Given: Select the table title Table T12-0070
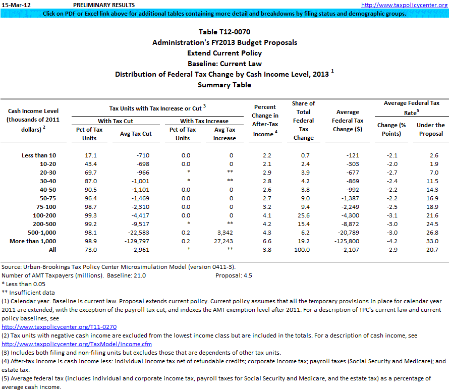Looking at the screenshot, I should pos(224,33).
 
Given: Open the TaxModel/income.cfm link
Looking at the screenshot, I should pos(77,344).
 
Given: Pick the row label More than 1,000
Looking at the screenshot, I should pos(33,241).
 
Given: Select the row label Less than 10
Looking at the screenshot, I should pos(39,155).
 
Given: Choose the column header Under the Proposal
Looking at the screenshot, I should pos(430,129).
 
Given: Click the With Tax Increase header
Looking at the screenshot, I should pos(204,121).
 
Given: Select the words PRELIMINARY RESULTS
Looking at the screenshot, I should pos(104,5).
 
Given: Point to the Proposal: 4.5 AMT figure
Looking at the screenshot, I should pos(234,275).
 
